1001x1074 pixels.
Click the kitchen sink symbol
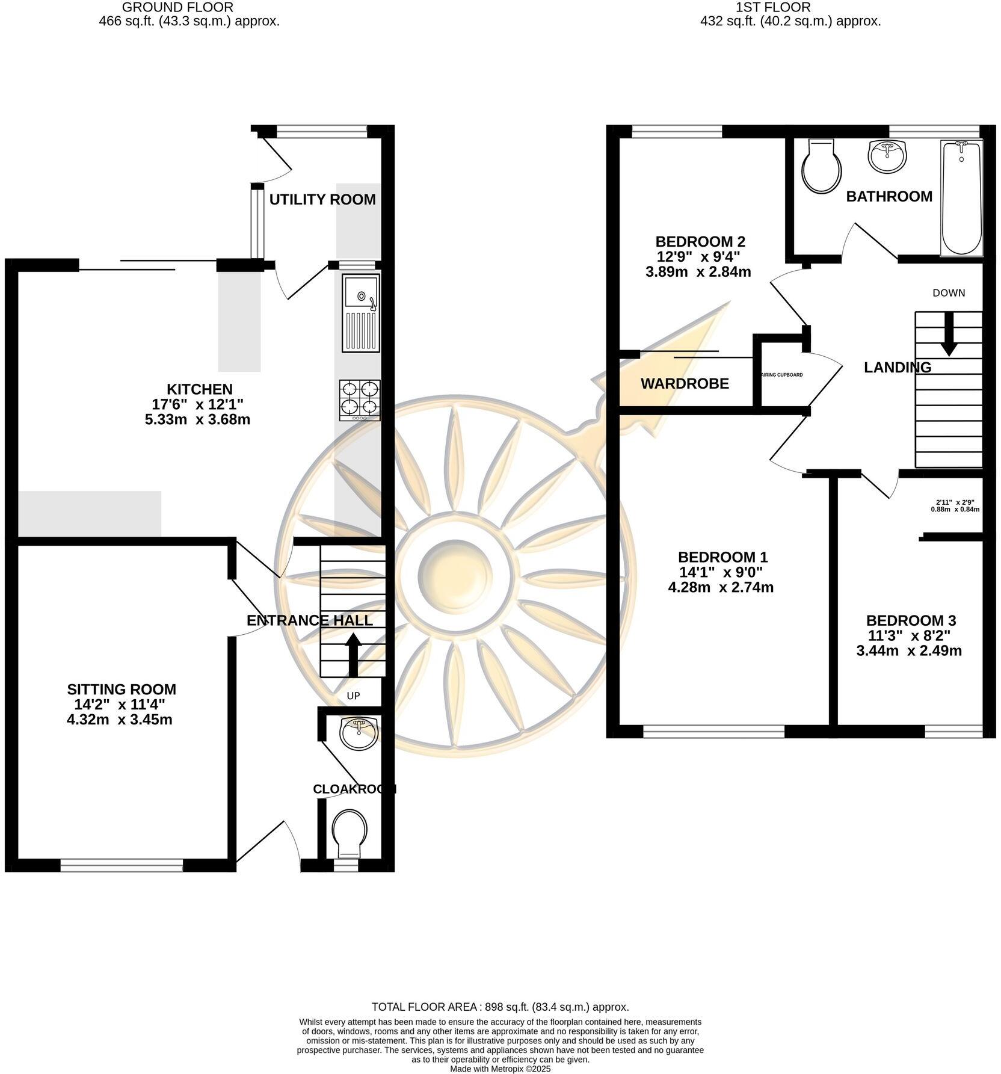click(x=361, y=312)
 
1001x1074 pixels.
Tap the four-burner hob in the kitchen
click(x=360, y=400)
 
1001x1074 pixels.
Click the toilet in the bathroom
click(x=822, y=167)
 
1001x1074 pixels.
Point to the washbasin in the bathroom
click(x=887, y=156)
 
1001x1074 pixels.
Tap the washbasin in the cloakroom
click(x=359, y=731)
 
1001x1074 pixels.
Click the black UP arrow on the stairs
click(x=353, y=655)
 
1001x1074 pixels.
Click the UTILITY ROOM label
click(x=322, y=199)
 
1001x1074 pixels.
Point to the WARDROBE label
click(x=685, y=383)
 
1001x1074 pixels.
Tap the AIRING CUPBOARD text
click(x=782, y=375)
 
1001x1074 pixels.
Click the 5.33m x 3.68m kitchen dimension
click(x=197, y=419)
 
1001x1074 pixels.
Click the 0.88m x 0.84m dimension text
click(x=955, y=509)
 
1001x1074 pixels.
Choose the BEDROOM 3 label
click(x=911, y=620)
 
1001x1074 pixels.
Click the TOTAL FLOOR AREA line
click(x=500, y=1007)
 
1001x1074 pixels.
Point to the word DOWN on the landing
click(x=949, y=293)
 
